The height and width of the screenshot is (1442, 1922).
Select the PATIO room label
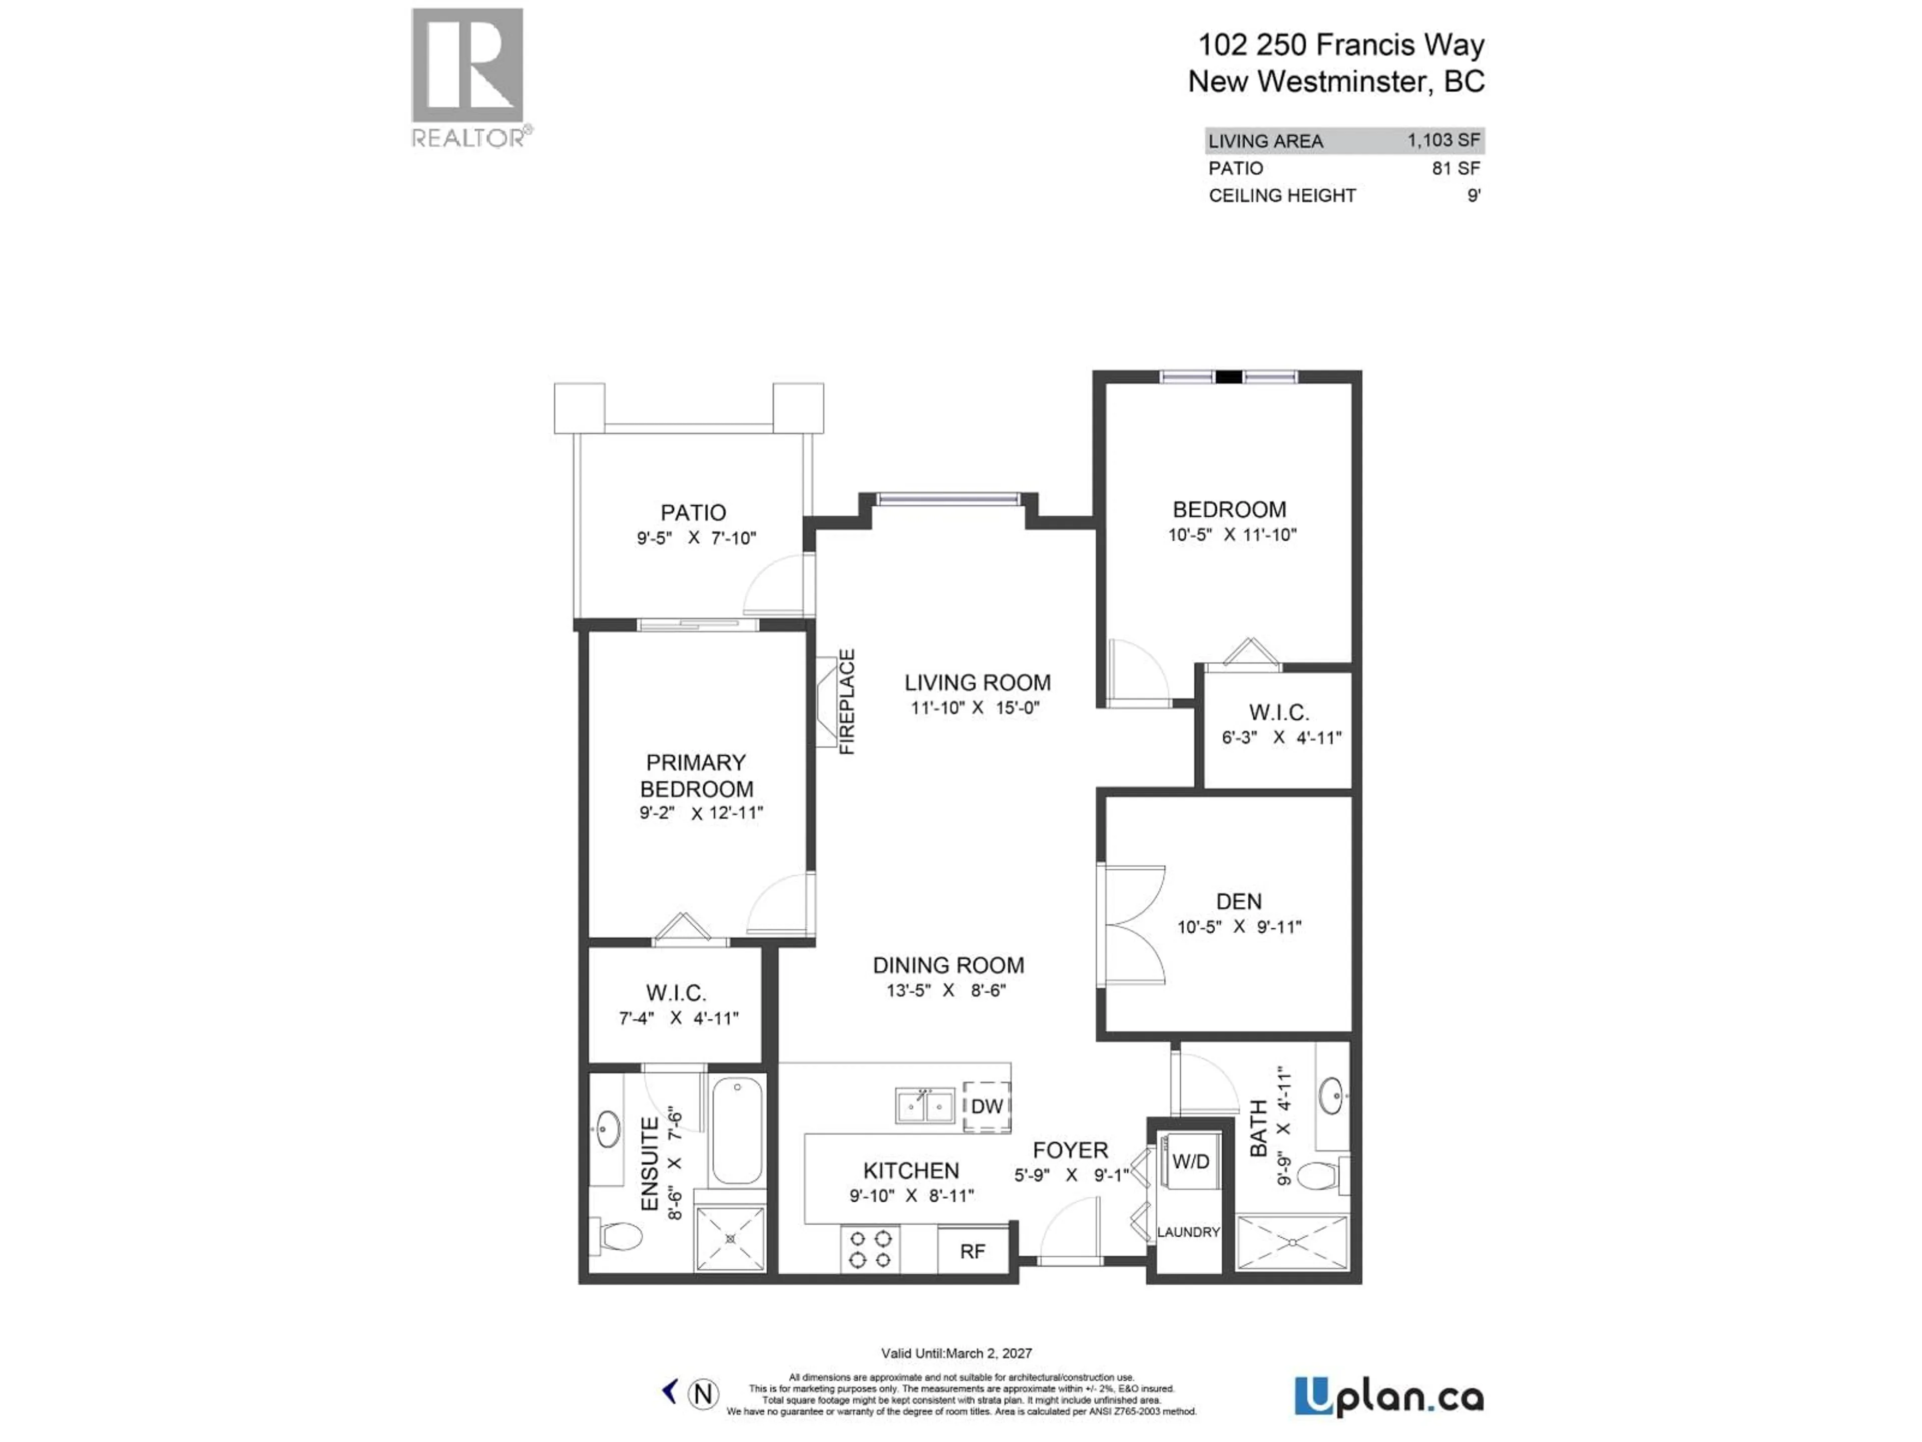[x=693, y=513]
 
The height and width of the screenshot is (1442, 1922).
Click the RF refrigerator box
[x=973, y=1251]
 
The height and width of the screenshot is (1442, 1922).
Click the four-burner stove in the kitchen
[x=870, y=1249]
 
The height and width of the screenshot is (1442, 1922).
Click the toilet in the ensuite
[x=619, y=1235]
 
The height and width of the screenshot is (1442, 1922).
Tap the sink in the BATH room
[x=1331, y=1096]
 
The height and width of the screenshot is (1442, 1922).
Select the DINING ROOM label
[x=948, y=966]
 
